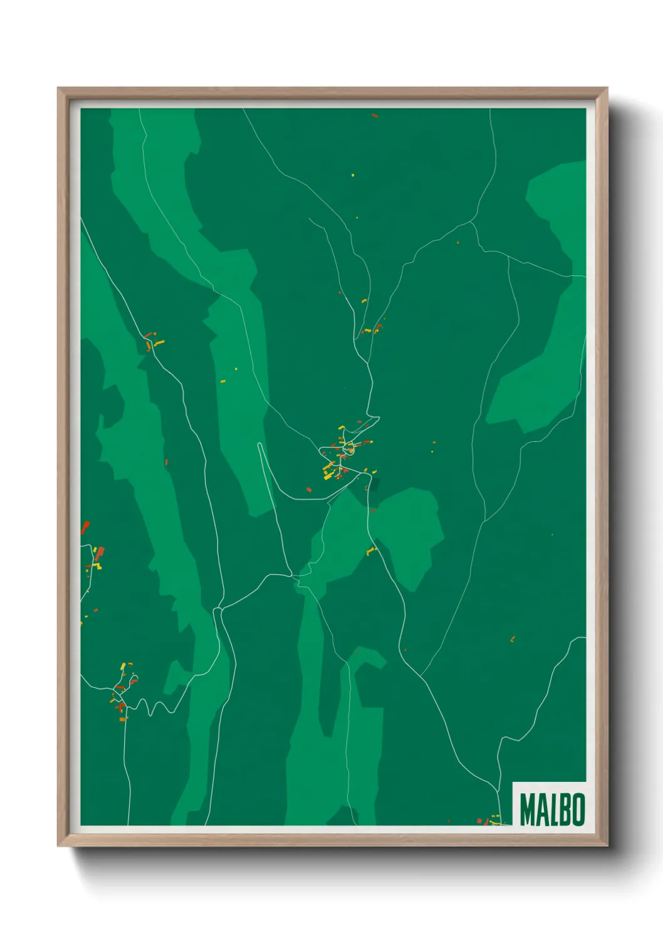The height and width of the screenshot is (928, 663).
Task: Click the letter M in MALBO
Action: click(x=527, y=809)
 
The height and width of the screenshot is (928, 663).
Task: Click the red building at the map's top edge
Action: click(x=375, y=116)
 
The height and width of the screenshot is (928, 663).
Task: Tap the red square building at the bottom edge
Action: click(x=479, y=821)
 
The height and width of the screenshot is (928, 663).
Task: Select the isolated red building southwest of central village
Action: click(x=309, y=490)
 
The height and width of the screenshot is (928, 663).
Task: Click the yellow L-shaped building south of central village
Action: click(x=370, y=551)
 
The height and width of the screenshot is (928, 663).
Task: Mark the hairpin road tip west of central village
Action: click(x=259, y=445)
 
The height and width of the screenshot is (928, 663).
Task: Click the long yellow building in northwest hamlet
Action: click(x=159, y=343)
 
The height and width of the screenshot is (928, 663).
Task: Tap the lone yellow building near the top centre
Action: click(x=353, y=175)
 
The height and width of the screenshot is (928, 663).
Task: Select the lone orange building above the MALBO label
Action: click(x=513, y=640)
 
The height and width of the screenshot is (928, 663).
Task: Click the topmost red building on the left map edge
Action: click(x=85, y=527)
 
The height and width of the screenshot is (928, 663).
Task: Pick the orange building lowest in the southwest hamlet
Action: click(x=123, y=719)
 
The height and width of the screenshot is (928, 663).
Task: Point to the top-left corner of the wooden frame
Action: click(x=59, y=89)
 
